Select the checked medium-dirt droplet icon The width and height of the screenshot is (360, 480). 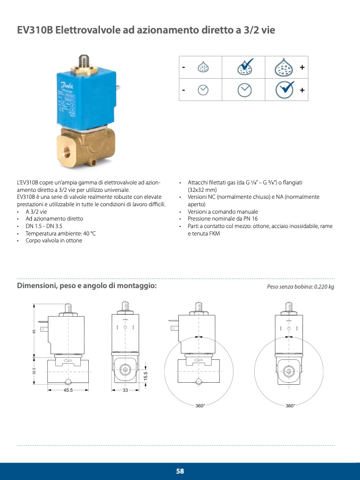[244, 68]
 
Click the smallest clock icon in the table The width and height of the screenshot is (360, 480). [203, 90]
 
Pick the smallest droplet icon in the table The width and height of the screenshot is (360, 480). [203, 68]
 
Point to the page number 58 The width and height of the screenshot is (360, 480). [180, 471]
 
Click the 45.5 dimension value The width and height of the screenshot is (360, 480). [68, 390]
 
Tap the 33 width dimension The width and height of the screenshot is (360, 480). [125, 390]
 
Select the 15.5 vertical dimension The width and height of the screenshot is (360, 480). [146, 375]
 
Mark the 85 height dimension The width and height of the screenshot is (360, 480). [34, 332]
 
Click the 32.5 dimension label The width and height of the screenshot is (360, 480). [34, 370]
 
